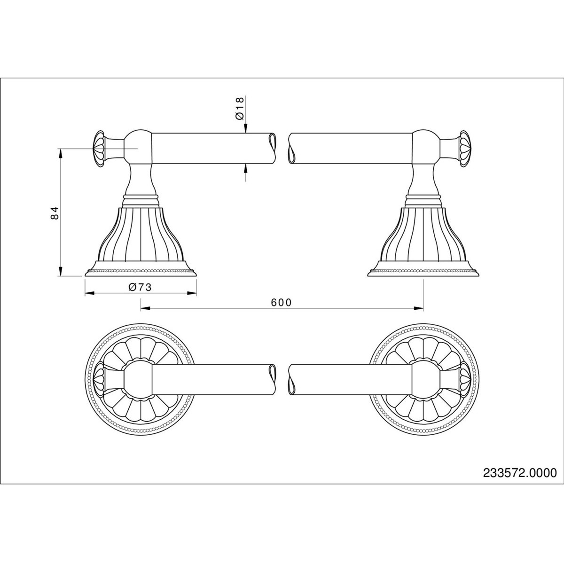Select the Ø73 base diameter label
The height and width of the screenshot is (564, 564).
139,288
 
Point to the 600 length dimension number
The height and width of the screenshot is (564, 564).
281,302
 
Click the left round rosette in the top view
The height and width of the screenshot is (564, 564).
140,379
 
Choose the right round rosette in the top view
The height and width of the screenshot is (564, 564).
423,379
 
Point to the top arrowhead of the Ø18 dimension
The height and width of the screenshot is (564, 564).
245,131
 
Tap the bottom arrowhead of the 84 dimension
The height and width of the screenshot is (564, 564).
60,272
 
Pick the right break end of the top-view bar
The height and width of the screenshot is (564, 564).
290,379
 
